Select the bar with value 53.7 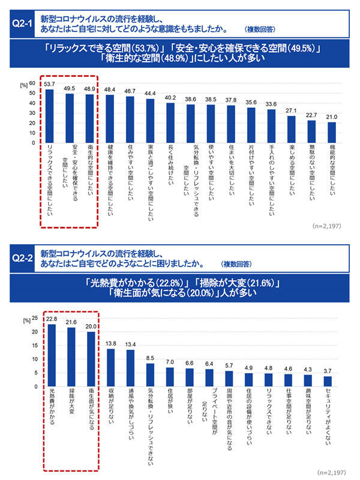click(50, 116)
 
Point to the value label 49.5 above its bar click(70, 88)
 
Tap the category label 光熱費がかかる click(52, 409)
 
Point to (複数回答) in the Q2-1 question click(260, 29)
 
